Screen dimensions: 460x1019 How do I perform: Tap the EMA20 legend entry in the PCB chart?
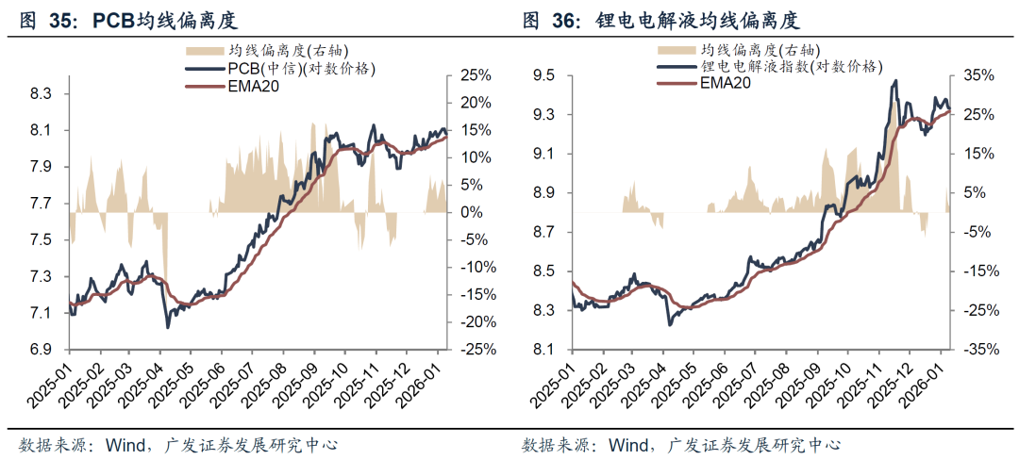pos(253,86)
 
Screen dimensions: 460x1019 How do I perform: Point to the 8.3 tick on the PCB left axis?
pos(41,94)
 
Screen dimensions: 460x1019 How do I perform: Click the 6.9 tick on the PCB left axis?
pos(41,349)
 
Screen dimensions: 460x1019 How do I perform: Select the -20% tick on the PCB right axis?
pos(474,321)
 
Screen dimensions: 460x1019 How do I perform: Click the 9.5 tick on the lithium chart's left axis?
pos(546,75)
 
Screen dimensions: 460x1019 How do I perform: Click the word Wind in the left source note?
pos(127,445)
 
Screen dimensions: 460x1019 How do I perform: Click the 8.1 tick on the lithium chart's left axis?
pos(546,349)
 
